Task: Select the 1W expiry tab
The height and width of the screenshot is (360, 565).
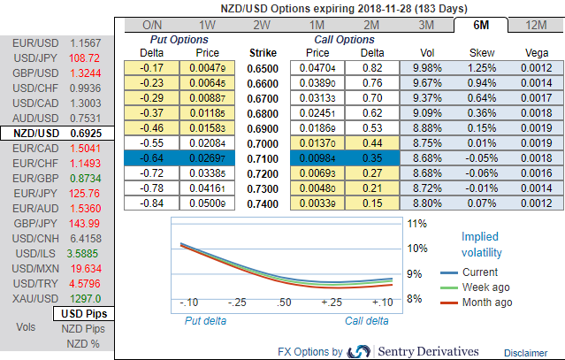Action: click(208, 24)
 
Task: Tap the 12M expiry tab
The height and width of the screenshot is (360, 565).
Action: click(534, 24)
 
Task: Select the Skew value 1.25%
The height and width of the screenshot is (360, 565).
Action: click(484, 68)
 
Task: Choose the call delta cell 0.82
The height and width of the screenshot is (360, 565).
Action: click(372, 68)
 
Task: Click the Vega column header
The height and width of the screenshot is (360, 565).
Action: click(535, 53)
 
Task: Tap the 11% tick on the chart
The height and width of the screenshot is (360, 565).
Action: click(417, 224)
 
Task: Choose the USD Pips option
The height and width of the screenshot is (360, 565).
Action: click(83, 313)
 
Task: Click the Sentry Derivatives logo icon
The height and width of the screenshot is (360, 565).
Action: click(359, 350)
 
